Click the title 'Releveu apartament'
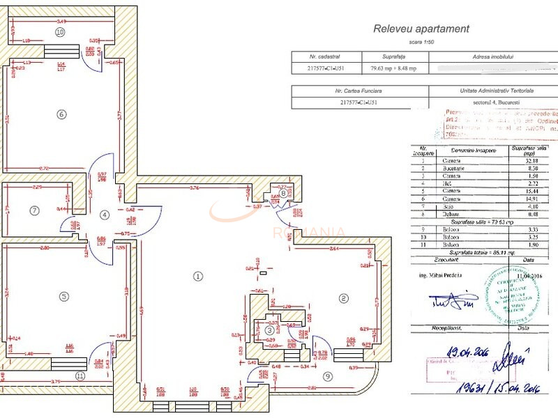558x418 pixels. (x=421, y=29)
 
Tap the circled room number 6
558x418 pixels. (x=61, y=114)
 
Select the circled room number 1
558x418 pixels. (x=198, y=276)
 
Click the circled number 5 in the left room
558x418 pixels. (x=63, y=296)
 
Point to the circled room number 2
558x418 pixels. (x=343, y=298)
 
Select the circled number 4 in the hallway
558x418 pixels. (x=104, y=215)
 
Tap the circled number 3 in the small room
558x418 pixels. (x=270, y=330)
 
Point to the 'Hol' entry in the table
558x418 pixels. (x=448, y=183)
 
